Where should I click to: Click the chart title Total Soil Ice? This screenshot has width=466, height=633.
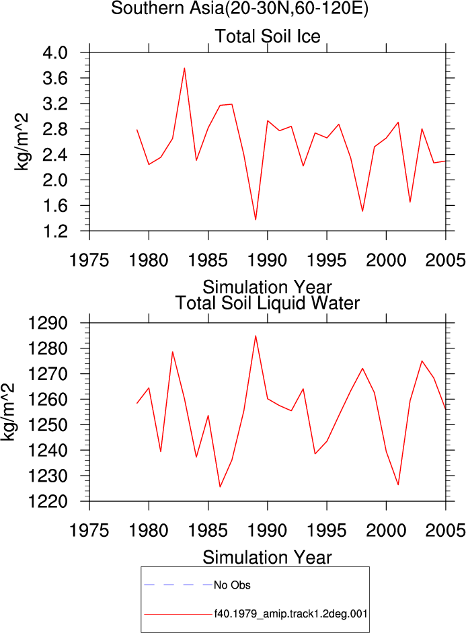coord(268,36)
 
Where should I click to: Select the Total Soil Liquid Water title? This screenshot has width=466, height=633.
coord(268,303)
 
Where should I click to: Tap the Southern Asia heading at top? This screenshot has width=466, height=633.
coord(239,8)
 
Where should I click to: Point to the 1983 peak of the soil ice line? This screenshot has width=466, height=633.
coord(184,68)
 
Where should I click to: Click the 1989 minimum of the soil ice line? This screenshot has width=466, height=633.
coord(256,219)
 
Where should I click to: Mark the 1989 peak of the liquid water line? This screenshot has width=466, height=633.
coord(256,336)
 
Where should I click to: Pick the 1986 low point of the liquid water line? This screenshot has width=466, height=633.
coord(220,486)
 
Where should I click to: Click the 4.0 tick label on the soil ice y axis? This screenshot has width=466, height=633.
coord(55,52)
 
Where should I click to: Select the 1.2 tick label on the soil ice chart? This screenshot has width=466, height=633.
coord(55,231)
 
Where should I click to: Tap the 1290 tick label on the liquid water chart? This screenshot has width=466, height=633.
coord(48,324)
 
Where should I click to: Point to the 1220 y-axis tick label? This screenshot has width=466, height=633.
coord(48,501)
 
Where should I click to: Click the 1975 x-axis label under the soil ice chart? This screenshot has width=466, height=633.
coord(89,260)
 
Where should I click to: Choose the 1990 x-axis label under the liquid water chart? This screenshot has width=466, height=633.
coord(267,530)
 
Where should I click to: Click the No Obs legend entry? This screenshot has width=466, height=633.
coord(232,585)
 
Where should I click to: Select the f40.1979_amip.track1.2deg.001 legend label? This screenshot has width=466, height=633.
coord(290,614)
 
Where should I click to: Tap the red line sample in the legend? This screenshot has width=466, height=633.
coord(178,615)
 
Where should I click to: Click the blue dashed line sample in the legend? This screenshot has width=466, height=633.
coord(178,585)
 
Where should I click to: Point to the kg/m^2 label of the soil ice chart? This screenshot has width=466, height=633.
coord(22,142)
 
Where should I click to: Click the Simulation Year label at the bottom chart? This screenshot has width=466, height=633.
coord(267,558)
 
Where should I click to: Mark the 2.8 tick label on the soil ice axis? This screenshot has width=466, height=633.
coord(55,129)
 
